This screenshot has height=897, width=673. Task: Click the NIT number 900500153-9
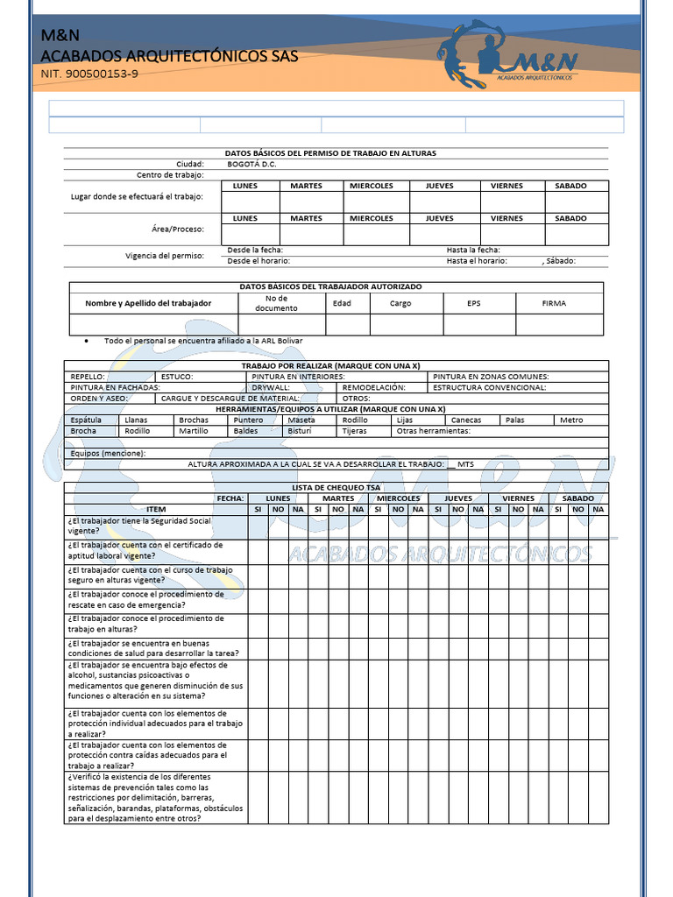click(x=89, y=74)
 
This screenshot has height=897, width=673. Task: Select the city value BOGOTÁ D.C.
click(x=251, y=164)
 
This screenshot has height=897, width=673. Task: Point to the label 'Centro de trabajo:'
click(x=170, y=174)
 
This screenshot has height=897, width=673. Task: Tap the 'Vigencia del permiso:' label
click(x=165, y=256)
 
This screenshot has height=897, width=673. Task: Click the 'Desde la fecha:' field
click(x=255, y=250)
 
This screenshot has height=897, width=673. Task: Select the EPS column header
click(x=474, y=303)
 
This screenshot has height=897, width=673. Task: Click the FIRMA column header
click(x=554, y=303)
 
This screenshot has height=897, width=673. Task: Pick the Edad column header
click(x=342, y=303)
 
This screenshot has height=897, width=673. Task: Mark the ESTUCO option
click(x=177, y=376)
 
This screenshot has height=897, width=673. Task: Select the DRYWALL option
click(x=271, y=386)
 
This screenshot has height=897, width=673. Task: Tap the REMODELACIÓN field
click(x=373, y=386)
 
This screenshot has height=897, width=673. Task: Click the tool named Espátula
click(x=86, y=420)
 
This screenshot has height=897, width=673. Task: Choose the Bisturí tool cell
click(x=300, y=431)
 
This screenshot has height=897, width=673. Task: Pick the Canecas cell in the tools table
click(x=465, y=420)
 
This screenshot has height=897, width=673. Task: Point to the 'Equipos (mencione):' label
click(x=108, y=453)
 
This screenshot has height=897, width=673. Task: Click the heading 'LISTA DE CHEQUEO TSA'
click(x=336, y=486)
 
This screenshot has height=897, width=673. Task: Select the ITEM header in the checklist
click(x=156, y=509)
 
